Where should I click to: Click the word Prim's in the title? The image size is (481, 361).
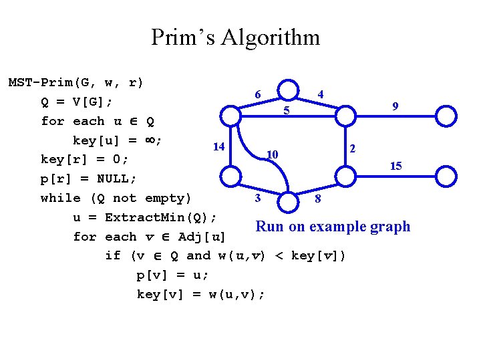(182, 37)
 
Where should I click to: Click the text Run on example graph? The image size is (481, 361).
(333, 227)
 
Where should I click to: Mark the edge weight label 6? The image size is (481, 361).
(258, 95)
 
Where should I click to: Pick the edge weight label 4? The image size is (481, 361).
(321, 95)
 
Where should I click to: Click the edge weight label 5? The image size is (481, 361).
(286, 110)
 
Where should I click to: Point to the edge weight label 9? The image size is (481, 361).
(395, 106)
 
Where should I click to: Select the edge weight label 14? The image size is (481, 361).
(218, 146)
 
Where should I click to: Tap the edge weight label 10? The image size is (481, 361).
(271, 155)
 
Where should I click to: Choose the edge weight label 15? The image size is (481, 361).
(395, 166)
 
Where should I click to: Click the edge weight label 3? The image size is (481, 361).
(257, 198)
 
